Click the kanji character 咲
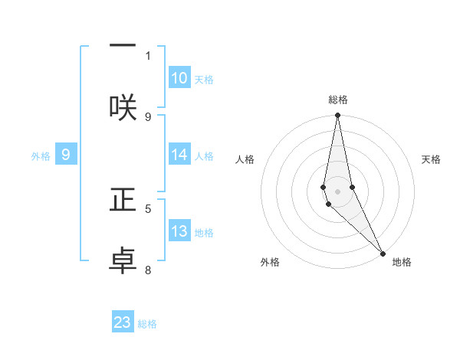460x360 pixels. coord(123,107)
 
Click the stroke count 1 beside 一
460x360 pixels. coord(148,55)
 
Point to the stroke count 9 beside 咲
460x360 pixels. coord(148,116)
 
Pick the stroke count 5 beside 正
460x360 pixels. coord(148,208)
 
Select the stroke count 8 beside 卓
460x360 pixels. coord(148,270)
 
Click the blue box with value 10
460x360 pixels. coord(179,78)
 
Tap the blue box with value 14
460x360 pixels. coord(179,155)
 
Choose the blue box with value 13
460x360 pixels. coord(179,231)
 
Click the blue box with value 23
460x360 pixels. coord(123,322)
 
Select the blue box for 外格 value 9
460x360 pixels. coord(66,155)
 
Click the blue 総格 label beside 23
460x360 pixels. coord(147,324)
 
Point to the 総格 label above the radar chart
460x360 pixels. coord(338,100)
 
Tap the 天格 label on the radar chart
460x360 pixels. coord(431,159)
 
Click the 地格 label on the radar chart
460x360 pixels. coord(402,262)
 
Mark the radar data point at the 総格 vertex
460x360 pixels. coord(337,116)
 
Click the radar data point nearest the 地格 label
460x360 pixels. coord(383,254)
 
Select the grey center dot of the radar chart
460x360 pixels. coord(337,191)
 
